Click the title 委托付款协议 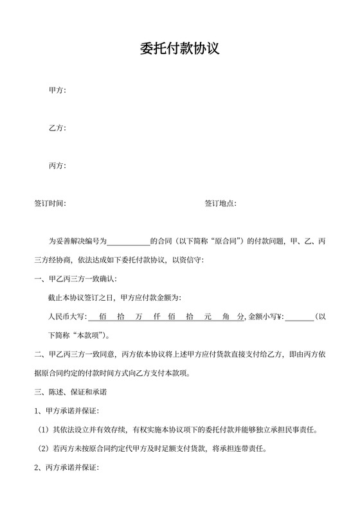tap(180, 48)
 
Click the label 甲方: tap(57, 90)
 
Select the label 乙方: tap(57, 128)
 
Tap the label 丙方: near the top tap(57, 166)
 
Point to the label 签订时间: tap(50, 204)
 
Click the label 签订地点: tap(221, 204)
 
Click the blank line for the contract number tap(128, 242)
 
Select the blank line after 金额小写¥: tap(299, 317)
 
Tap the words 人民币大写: tap(66, 317)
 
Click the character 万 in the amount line tap(139, 317)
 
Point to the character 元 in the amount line tap(207, 317)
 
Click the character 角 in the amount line tap(225, 317)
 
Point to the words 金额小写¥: tap(265, 317)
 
